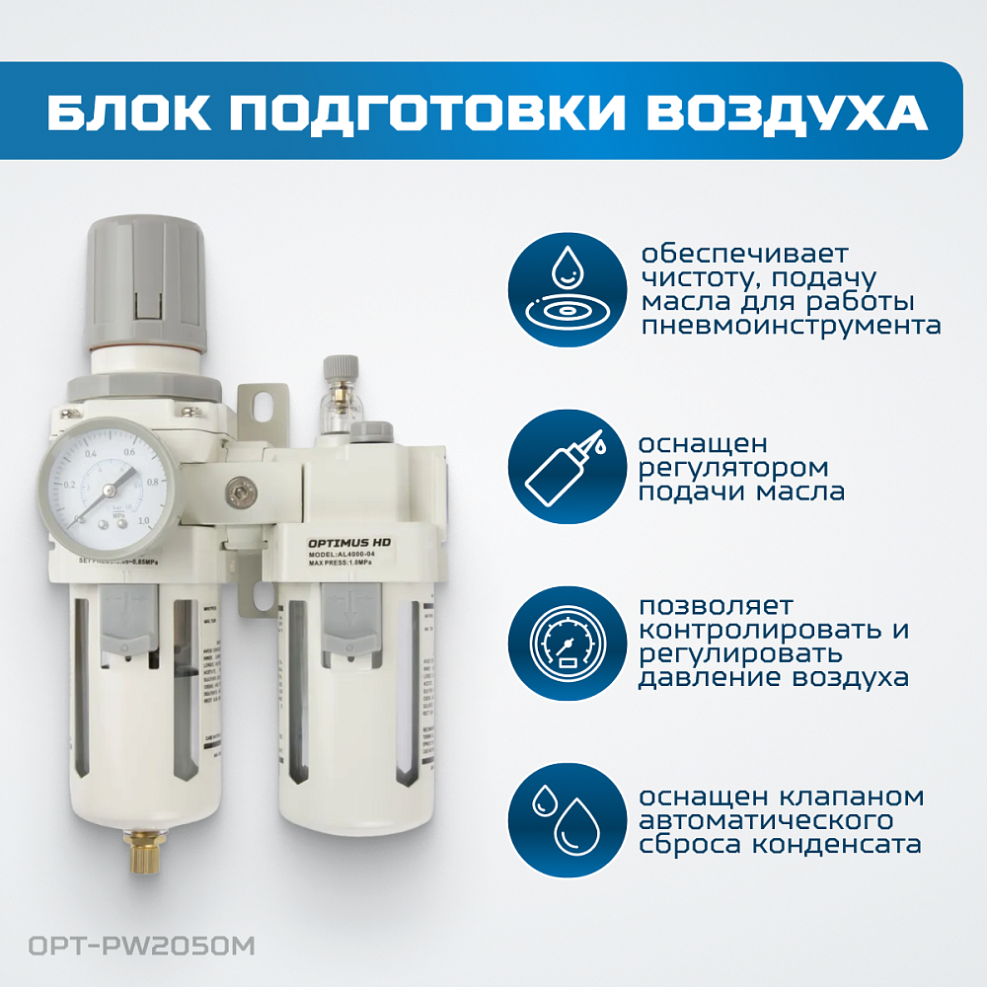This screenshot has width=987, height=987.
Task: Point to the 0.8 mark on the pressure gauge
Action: pos(153,482)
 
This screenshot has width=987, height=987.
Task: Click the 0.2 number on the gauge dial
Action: pos(70,486)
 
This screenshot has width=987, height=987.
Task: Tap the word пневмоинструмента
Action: pos(790,325)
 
